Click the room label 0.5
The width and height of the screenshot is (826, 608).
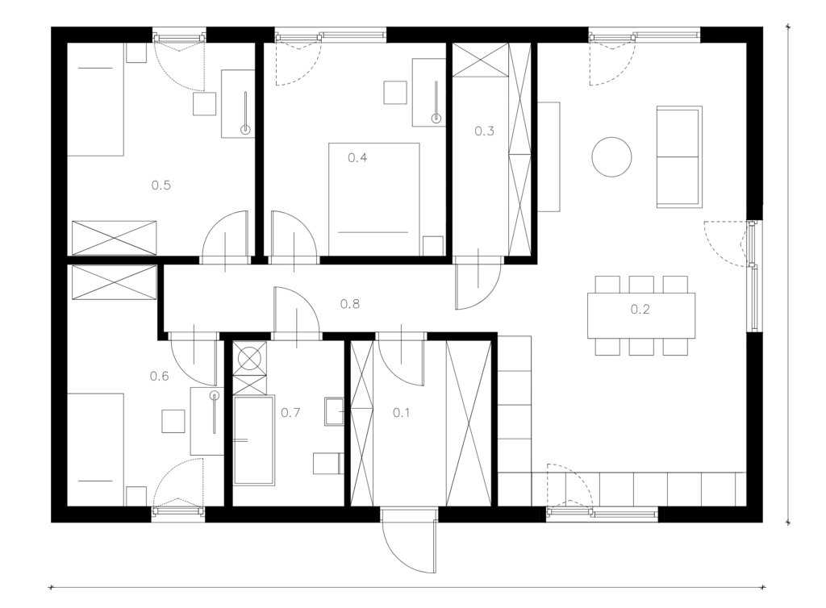click(161, 185)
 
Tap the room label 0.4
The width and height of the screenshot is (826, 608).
click(357, 157)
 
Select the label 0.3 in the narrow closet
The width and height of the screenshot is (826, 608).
click(484, 131)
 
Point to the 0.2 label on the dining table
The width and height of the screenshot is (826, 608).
click(640, 309)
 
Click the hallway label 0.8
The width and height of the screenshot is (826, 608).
click(350, 304)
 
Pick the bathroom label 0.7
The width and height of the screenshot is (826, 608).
click(290, 413)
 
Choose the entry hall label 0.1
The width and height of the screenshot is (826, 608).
click(401, 413)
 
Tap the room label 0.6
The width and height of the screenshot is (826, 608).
click(159, 376)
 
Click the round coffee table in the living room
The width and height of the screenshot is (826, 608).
click(611, 157)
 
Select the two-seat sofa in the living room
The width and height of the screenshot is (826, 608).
click(679, 156)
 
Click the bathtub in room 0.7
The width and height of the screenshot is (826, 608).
click(254, 440)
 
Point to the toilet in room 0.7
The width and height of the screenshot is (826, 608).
click(327, 463)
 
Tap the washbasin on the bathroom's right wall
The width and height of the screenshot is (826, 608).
click(335, 411)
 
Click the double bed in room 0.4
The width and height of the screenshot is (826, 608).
click(374, 199)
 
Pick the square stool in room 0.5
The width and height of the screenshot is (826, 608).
click(204, 104)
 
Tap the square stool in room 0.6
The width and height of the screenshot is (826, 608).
click(173, 421)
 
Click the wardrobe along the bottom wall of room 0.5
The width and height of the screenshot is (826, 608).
click(115, 238)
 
